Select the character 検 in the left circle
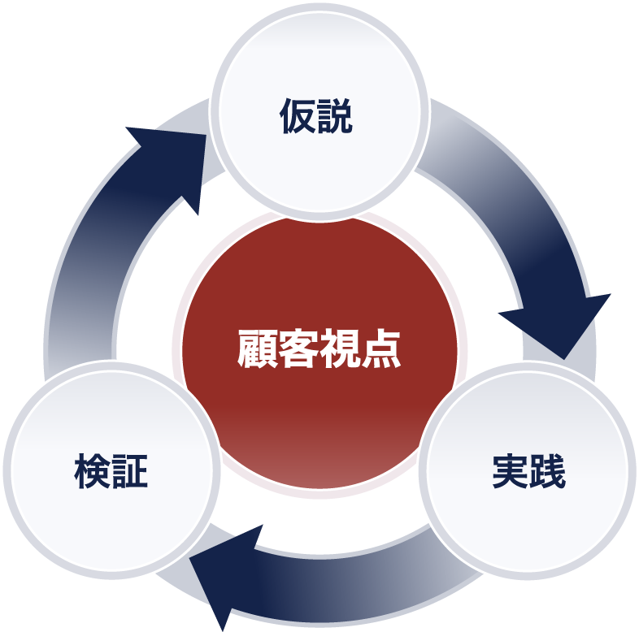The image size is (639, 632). pos(92,471)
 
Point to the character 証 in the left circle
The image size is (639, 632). pos(130,471)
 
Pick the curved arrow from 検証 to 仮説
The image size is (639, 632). pos(89,268)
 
